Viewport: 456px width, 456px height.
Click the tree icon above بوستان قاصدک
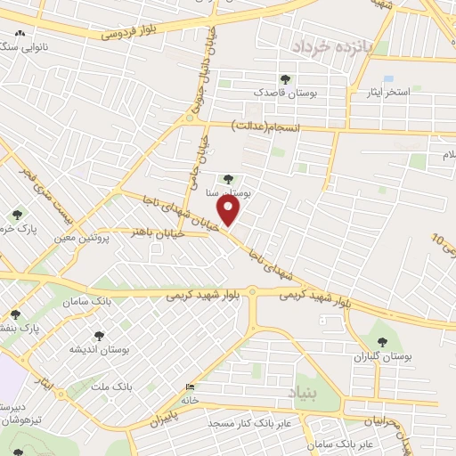pos(285,79)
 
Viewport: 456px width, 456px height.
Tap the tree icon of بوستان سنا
pos(228,178)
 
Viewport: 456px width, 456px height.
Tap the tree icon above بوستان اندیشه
pos(98,336)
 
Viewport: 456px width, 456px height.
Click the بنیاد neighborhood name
pos(298,393)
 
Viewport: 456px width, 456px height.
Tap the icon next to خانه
pos(189,387)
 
